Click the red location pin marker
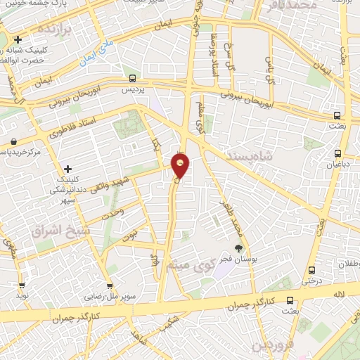click(x=181, y=165)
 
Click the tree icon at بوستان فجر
click(x=238, y=247)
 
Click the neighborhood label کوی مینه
click(x=188, y=265)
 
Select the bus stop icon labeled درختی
click(x=312, y=269)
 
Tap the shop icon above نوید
click(x=22, y=285)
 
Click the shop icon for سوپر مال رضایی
click(x=109, y=285)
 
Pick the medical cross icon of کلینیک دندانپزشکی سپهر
click(x=67, y=169)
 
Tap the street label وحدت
click(x=112, y=212)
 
